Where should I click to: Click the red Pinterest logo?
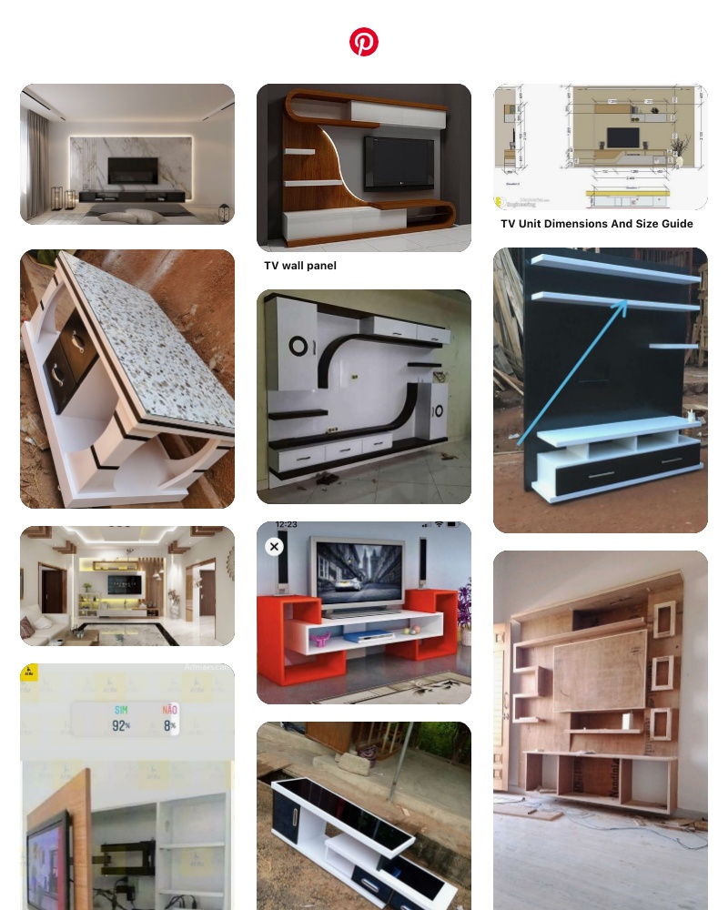[x=364, y=42]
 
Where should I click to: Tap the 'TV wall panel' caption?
[x=300, y=266]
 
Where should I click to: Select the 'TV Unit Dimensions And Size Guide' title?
[x=597, y=224]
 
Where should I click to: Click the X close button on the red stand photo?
[x=274, y=546]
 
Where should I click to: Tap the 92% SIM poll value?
[x=120, y=725]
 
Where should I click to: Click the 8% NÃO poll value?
[x=169, y=725]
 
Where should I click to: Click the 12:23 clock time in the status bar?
[x=286, y=525]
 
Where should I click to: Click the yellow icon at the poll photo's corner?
[x=29, y=672]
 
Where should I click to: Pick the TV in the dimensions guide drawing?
[x=622, y=136]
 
